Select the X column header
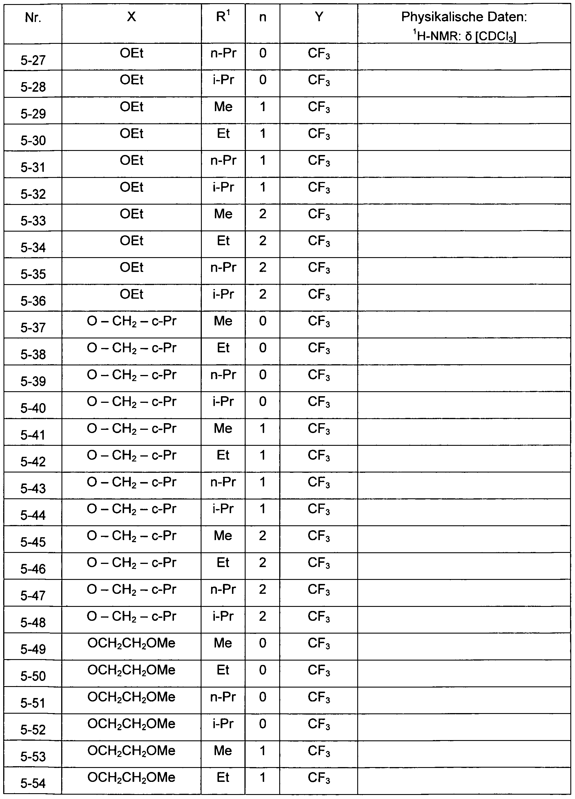tap(131, 17)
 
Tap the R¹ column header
tap(223, 17)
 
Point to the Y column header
tap(319, 17)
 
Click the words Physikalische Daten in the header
tap(464, 17)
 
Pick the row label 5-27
tap(33, 61)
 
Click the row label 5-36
tap(33, 301)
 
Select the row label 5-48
tap(33, 623)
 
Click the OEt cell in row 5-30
tap(131, 134)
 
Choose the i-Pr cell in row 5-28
tap(223, 80)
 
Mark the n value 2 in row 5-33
tap(262, 214)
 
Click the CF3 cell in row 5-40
tap(319, 402)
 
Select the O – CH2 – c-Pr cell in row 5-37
tap(131, 321)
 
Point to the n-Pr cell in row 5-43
tap(223, 482)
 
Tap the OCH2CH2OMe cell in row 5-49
tap(131, 643)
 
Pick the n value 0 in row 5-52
tap(262, 724)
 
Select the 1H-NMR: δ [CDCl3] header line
tap(464, 36)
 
